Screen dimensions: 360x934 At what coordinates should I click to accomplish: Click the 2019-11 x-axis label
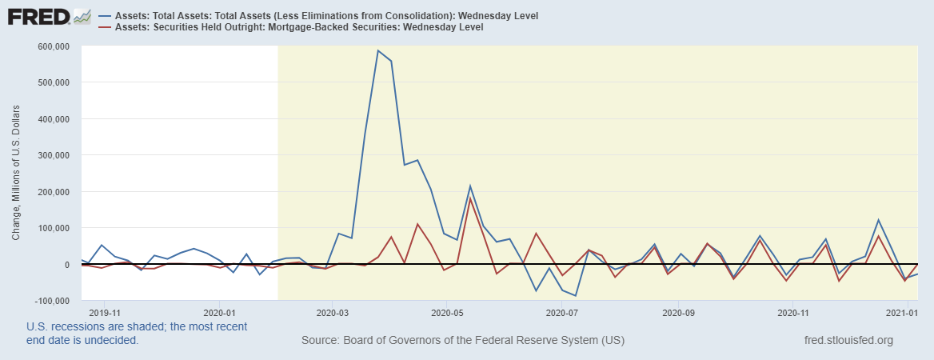105,313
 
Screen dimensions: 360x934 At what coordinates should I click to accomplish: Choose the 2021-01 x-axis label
905,313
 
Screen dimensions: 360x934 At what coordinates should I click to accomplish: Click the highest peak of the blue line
377,50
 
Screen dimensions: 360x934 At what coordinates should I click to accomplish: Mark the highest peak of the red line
470,198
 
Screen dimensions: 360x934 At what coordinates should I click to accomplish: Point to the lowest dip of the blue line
575,296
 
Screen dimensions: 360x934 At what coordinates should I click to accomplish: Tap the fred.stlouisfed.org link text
848,341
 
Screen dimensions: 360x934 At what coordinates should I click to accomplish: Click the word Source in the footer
320,341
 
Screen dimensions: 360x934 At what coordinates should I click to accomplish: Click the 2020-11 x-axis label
791,313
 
